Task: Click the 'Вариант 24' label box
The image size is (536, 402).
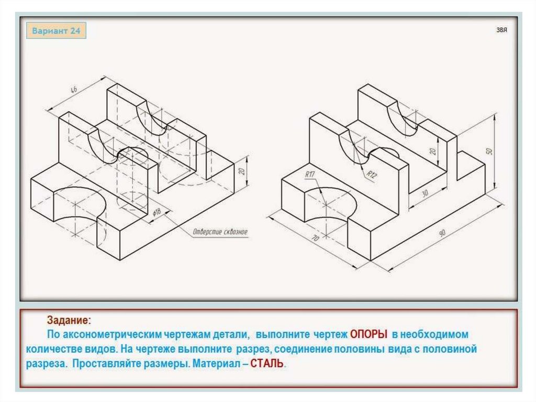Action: tap(57, 31)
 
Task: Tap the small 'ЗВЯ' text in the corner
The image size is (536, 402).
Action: tap(502, 30)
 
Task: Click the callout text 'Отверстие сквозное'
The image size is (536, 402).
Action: tap(220, 232)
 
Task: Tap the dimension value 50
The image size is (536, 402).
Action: tap(489, 150)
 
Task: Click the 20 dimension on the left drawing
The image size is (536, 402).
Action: tap(242, 171)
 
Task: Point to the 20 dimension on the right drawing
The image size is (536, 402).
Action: tap(432, 150)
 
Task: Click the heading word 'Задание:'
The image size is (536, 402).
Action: tap(69, 319)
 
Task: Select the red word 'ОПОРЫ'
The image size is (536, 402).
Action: tap(368, 334)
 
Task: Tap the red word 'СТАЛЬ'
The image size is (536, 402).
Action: tap(267, 363)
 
